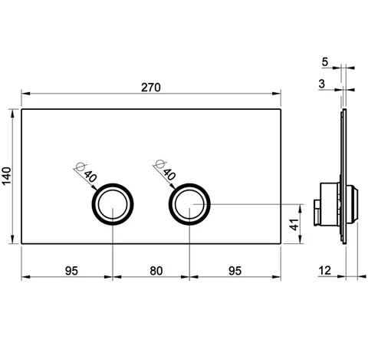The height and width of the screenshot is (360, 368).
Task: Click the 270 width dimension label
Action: click(151, 88)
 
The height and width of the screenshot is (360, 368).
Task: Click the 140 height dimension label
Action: click(7, 176)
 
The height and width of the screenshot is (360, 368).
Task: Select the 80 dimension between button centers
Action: click(156, 271)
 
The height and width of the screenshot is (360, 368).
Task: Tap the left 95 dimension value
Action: click(71, 271)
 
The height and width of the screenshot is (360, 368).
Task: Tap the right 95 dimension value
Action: click(235, 271)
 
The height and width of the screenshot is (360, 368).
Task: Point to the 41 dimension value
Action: click(294, 224)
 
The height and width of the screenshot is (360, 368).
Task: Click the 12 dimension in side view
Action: click(325, 270)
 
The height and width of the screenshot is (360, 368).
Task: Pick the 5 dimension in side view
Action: click(324, 62)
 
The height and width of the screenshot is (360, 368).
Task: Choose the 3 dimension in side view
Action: click(322, 84)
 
